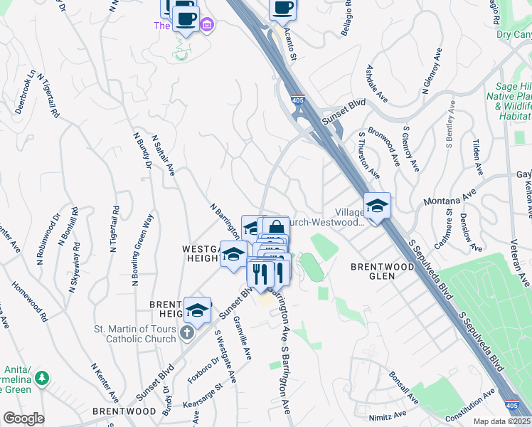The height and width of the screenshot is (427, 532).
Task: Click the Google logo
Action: pyautogui.click(x=23, y=418)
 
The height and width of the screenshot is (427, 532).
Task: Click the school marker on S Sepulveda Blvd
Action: pyautogui.click(x=377, y=206)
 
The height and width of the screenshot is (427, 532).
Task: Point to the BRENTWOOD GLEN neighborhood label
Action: pyautogui.click(x=382, y=266)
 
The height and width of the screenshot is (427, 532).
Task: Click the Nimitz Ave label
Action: pyautogui.click(x=388, y=413)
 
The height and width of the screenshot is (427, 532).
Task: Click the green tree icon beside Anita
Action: pyautogui.click(x=43, y=378)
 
